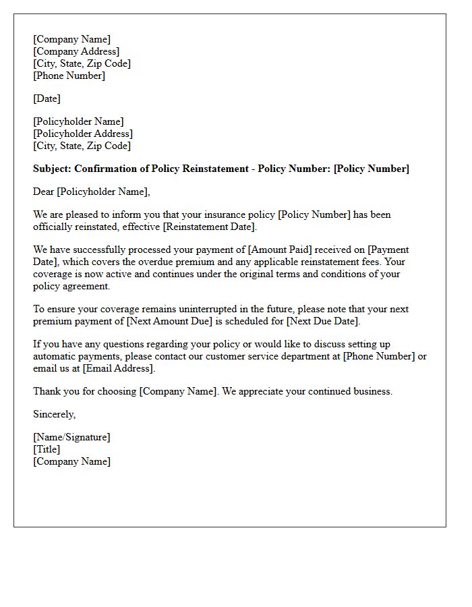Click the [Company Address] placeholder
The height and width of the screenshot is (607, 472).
pyautogui.click(x=76, y=51)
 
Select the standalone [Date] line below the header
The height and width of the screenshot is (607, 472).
pyautogui.click(x=47, y=98)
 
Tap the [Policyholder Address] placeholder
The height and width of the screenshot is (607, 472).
pyautogui.click(x=83, y=134)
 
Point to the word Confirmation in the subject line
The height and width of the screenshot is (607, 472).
pyautogui.click(x=106, y=169)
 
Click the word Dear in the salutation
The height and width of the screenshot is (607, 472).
pyautogui.click(x=44, y=192)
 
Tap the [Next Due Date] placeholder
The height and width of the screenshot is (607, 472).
pyautogui.click(x=322, y=321)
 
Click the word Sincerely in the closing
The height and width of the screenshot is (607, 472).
pyautogui.click(x=54, y=414)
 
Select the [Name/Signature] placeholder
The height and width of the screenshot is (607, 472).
pyautogui.click(x=71, y=437)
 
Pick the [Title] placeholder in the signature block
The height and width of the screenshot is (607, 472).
pyautogui.click(x=47, y=449)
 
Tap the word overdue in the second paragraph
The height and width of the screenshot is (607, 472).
pyautogui.click(x=154, y=262)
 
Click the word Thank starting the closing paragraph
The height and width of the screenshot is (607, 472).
pyautogui.click(x=47, y=391)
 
